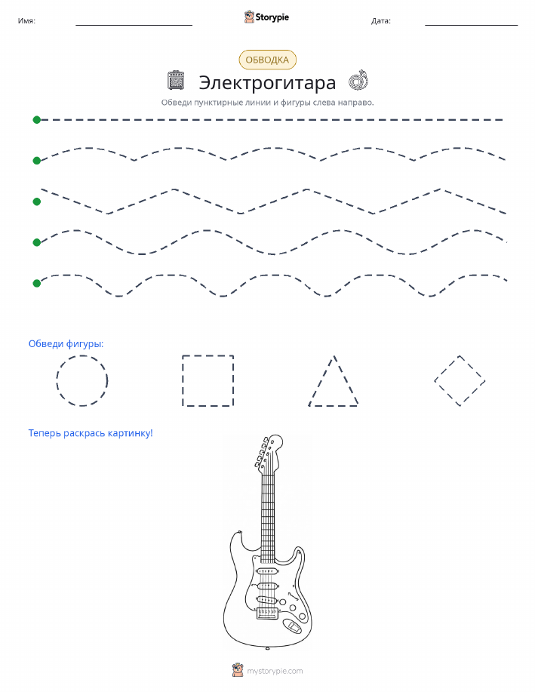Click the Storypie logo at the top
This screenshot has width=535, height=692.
pyautogui.click(x=266, y=17)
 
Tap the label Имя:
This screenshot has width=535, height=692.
pyautogui.click(x=26, y=20)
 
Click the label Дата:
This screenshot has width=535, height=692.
pyautogui.click(x=381, y=20)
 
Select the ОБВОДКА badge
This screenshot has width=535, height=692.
pyautogui.click(x=267, y=60)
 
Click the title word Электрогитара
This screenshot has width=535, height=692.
pyautogui.click(x=267, y=82)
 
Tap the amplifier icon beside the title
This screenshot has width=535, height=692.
pyautogui.click(x=176, y=80)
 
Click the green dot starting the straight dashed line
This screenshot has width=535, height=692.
pyautogui.click(x=37, y=119)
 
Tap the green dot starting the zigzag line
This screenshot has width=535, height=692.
pyautogui.click(x=37, y=201)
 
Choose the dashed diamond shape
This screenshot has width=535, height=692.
pyautogui.click(x=447, y=368)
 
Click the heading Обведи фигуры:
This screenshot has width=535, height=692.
pyautogui.click(x=66, y=344)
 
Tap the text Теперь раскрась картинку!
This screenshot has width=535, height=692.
pyautogui.click(x=91, y=433)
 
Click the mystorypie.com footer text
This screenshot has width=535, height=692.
pyautogui.click(x=275, y=672)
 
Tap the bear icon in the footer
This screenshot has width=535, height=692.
pyautogui.click(x=238, y=670)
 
